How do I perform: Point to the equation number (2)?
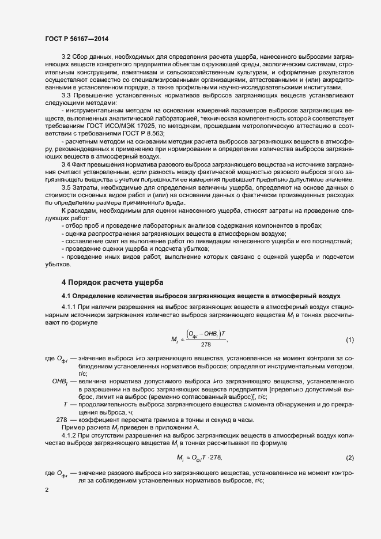[349, 442]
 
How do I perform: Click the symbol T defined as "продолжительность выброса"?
[66, 404]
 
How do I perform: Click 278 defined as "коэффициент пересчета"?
[62, 419]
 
